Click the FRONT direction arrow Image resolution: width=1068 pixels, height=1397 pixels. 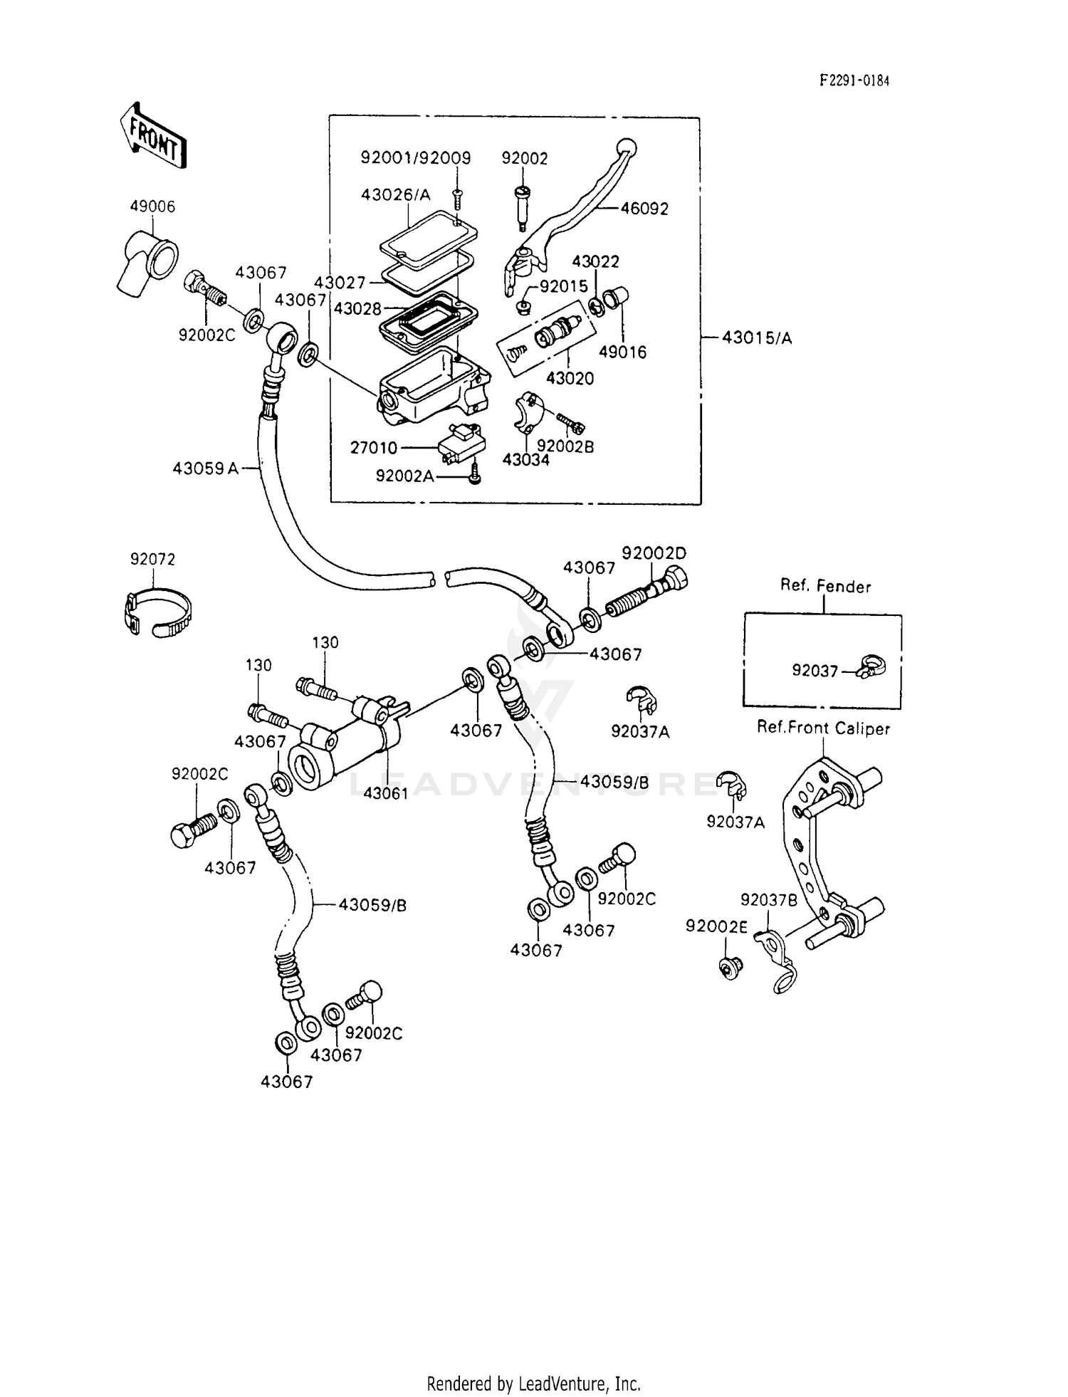coord(152,136)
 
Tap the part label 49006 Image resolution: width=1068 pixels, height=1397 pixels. coord(152,206)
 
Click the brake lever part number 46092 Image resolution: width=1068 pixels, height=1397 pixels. coord(644,209)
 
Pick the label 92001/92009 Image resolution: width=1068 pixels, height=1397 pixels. coord(415,158)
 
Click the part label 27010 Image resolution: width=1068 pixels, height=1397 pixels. coord(373,448)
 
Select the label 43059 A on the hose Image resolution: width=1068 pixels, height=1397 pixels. coord(205,468)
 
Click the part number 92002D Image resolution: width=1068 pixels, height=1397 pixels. coord(654,553)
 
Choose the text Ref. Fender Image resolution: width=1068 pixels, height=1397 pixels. coord(824,586)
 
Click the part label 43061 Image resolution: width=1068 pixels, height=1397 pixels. coord(385,792)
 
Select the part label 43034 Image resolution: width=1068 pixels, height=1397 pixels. coord(525,460)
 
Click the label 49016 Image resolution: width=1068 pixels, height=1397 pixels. coord(622,352)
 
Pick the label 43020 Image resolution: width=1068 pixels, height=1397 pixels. coord(570,378)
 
